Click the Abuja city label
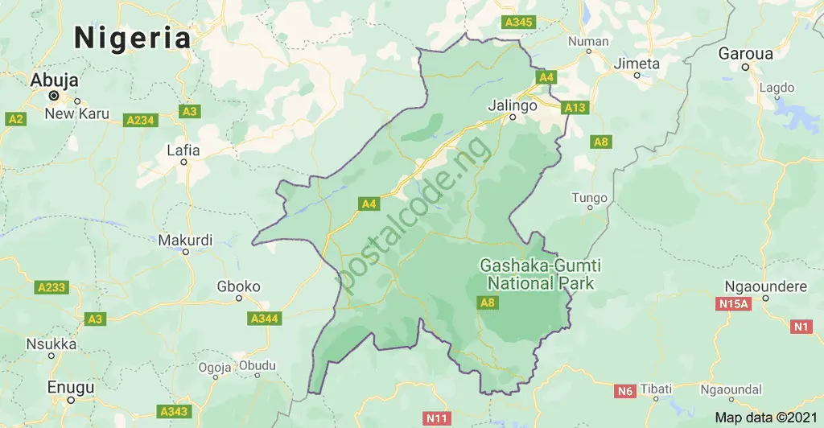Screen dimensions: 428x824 54,80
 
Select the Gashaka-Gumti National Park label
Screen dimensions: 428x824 541,274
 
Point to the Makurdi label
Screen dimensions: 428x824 185,240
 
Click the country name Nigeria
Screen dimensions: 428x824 133,38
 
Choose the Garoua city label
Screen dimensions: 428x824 745,54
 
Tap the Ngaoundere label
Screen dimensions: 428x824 760,286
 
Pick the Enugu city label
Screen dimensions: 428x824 70,386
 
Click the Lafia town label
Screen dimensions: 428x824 183,150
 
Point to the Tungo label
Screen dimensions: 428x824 589,198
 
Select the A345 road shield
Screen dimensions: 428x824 517,22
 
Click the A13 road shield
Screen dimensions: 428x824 575,107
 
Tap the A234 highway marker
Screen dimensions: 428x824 139,120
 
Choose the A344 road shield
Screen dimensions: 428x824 264,319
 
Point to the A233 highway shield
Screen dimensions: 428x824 52,286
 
